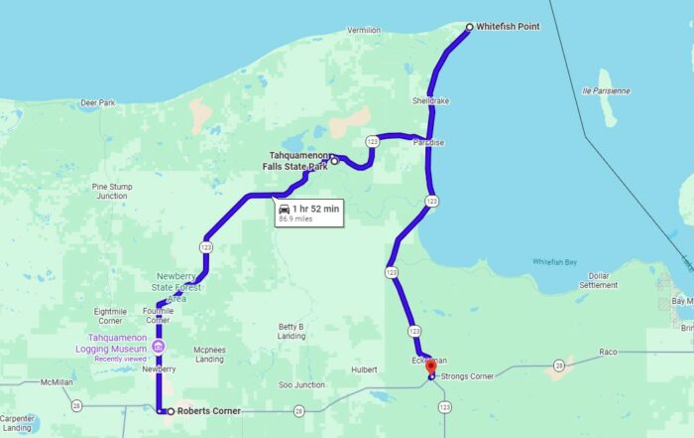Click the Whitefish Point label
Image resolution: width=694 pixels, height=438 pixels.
click(x=508, y=27)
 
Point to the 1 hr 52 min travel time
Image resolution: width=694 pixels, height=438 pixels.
click(x=315, y=208)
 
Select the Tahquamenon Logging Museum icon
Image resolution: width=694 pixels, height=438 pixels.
click(x=159, y=346)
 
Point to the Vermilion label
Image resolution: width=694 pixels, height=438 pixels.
click(x=364, y=31)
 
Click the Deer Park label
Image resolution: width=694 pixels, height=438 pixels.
click(x=98, y=102)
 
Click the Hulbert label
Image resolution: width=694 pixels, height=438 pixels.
click(x=364, y=368)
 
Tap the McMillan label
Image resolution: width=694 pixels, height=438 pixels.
click(x=58, y=382)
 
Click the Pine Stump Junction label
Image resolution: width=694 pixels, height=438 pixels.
click(x=111, y=191)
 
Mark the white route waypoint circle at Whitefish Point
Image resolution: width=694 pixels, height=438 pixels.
click(x=470, y=27)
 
